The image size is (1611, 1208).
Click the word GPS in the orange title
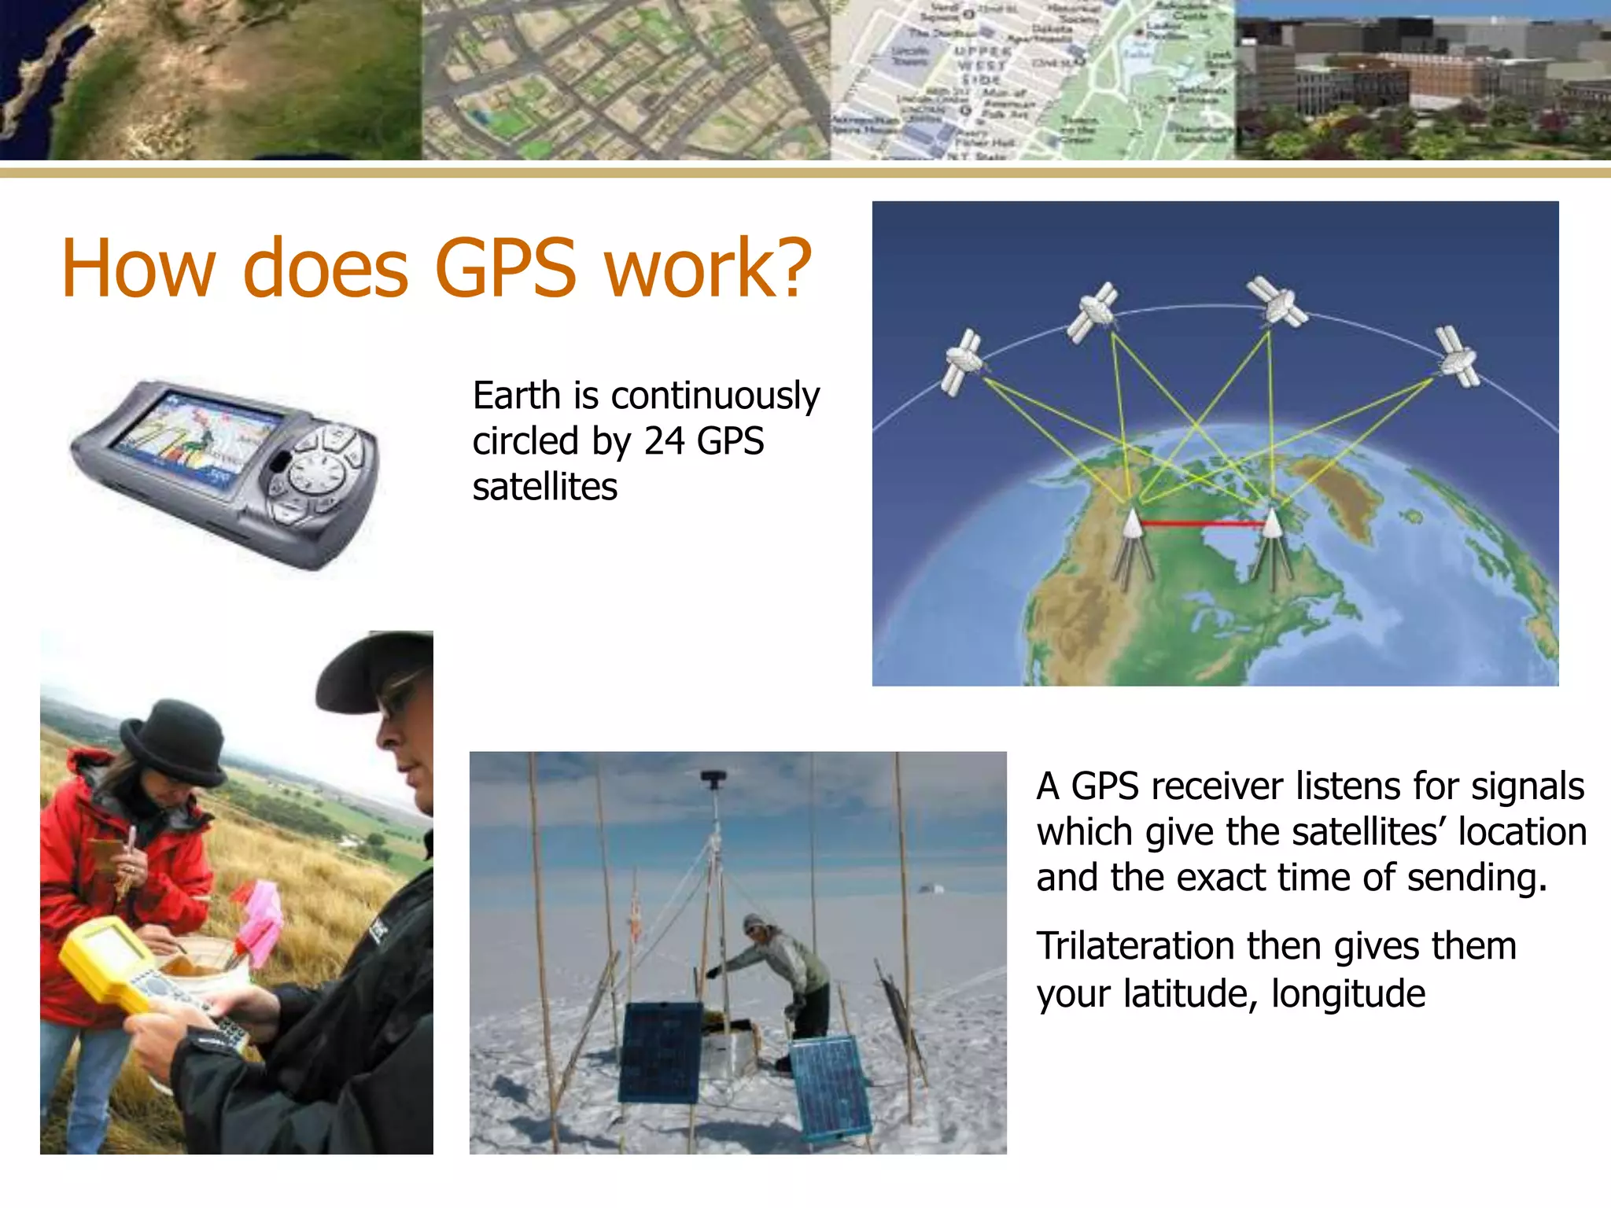click(505, 269)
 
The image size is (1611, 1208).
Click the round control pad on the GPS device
click(318, 474)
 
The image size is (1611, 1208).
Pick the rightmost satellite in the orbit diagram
click(1457, 356)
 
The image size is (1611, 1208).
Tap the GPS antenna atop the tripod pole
click(713, 779)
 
